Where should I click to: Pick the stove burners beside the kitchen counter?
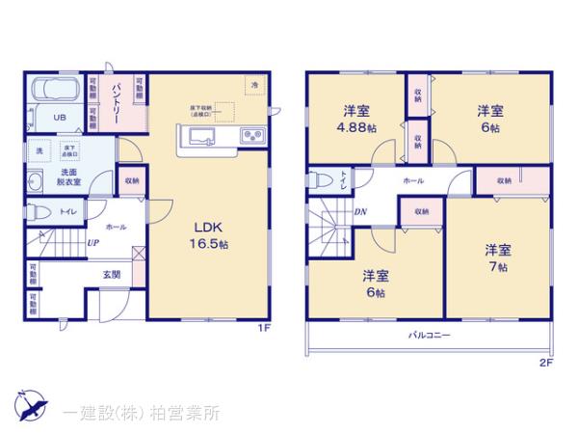point(251,136)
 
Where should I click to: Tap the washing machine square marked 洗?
point(40,151)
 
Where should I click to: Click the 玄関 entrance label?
point(112,274)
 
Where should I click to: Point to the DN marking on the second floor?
point(359,211)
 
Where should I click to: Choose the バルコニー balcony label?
point(428,334)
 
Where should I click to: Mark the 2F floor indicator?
point(545,363)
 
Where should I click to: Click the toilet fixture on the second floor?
point(319,180)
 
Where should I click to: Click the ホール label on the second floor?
point(412,180)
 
